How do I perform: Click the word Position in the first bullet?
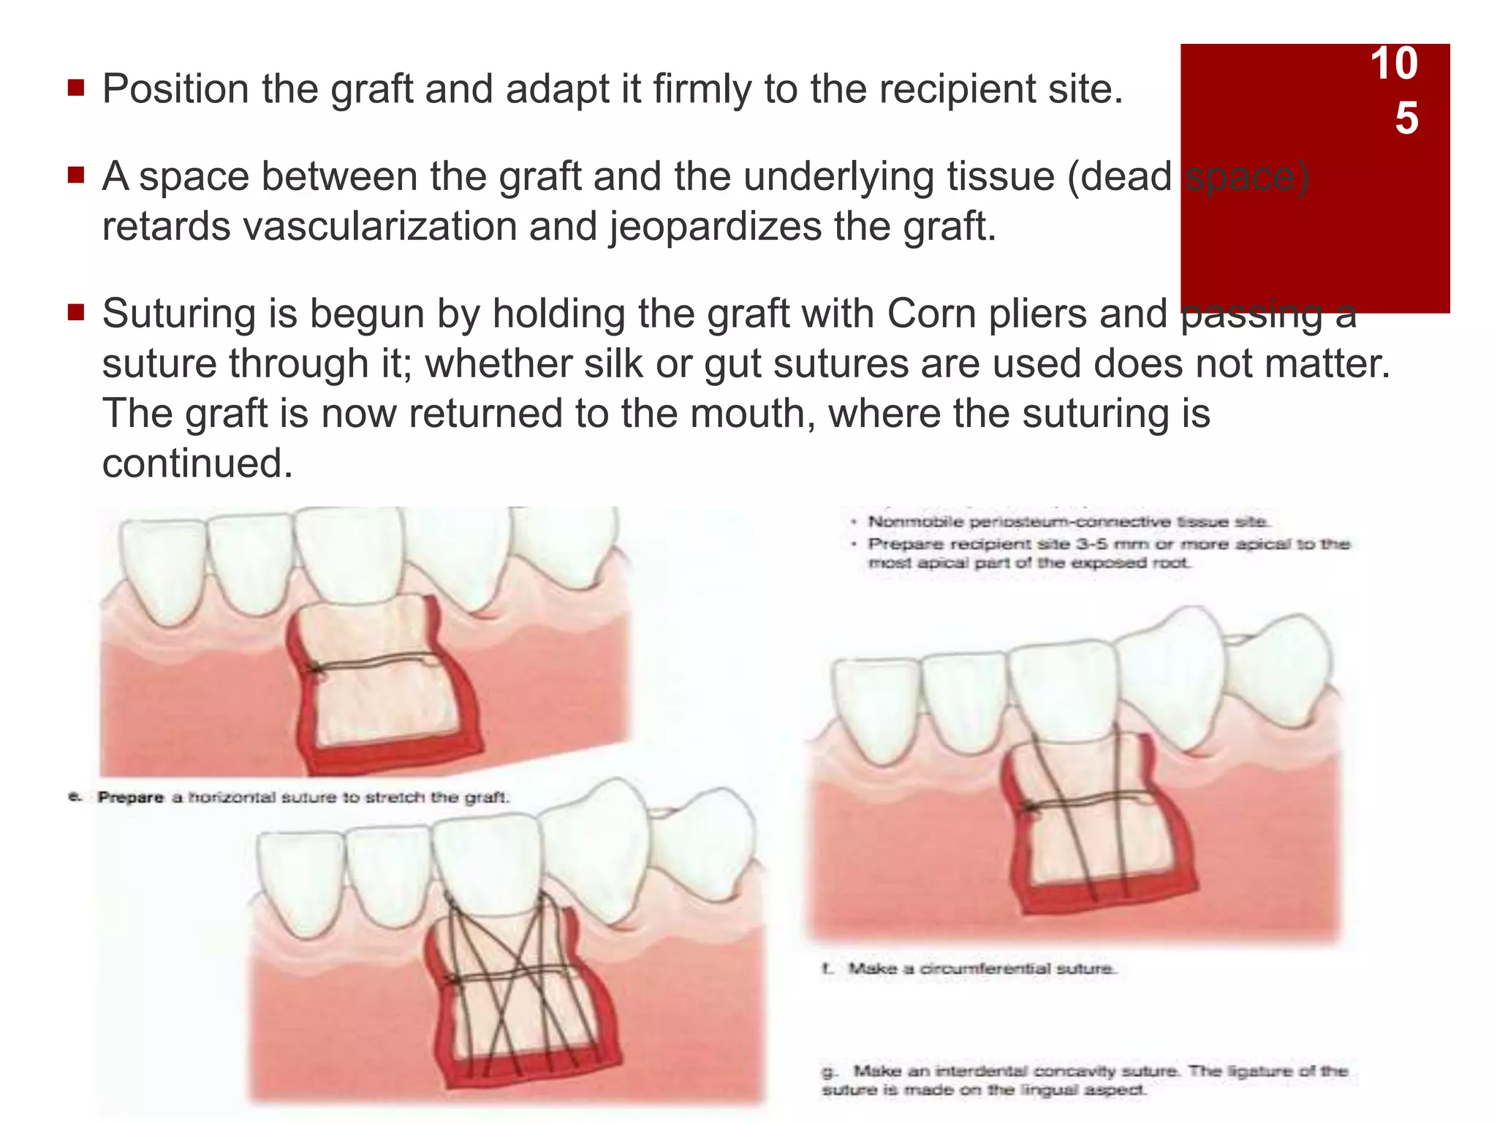[x=175, y=89]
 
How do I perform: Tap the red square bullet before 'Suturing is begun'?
[x=76, y=313]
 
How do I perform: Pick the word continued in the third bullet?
[x=197, y=464]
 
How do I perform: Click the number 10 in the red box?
[x=1393, y=64]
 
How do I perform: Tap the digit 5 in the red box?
[x=1406, y=118]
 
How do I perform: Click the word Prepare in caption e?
[x=130, y=797]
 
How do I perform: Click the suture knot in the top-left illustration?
[x=316, y=668]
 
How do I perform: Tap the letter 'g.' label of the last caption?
[x=829, y=1072]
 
